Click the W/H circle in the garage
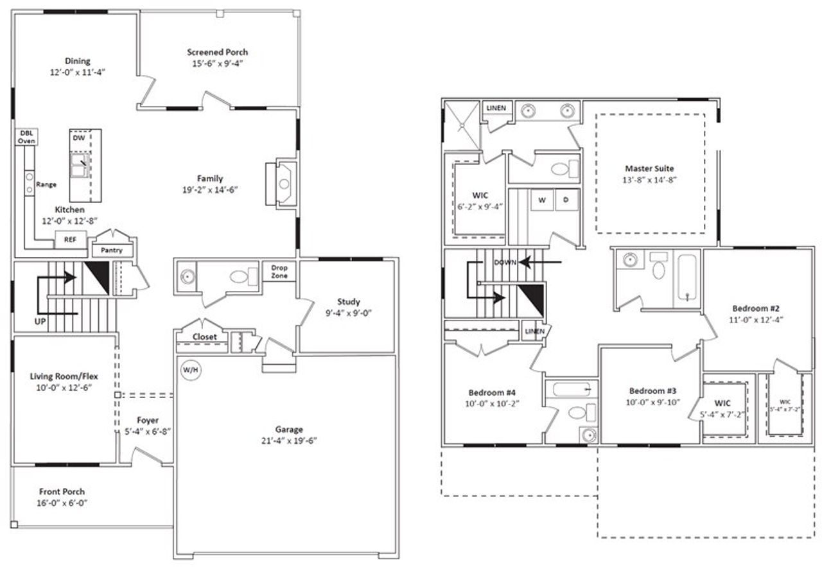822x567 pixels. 190,371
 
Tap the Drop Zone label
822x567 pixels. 279,272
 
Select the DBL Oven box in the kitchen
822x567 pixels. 26,136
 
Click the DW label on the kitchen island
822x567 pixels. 78,138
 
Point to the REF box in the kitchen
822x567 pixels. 69,240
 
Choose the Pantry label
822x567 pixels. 112,250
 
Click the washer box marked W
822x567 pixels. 542,200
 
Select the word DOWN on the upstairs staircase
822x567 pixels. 506,263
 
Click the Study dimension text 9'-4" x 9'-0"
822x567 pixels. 349,313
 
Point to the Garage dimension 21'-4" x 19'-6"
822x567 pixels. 286,441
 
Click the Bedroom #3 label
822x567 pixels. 652,390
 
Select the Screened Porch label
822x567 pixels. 217,52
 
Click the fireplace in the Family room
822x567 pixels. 281,183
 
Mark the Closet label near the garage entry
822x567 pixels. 205,336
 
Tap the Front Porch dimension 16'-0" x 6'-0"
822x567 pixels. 62,503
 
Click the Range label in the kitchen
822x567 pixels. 47,184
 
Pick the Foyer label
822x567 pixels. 148,420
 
